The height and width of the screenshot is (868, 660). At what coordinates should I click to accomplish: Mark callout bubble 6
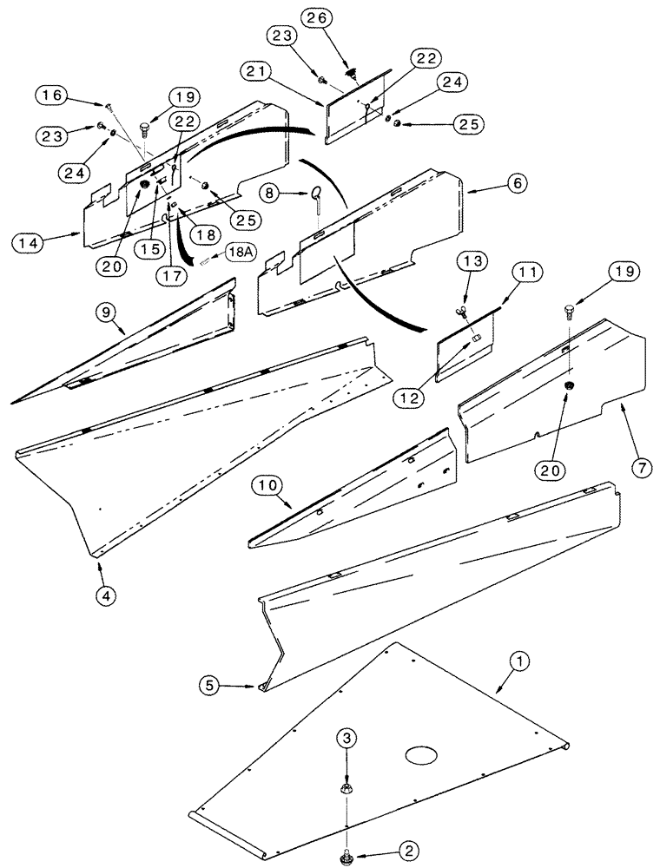[x=516, y=183]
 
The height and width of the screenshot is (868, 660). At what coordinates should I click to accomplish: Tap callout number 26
[x=313, y=16]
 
